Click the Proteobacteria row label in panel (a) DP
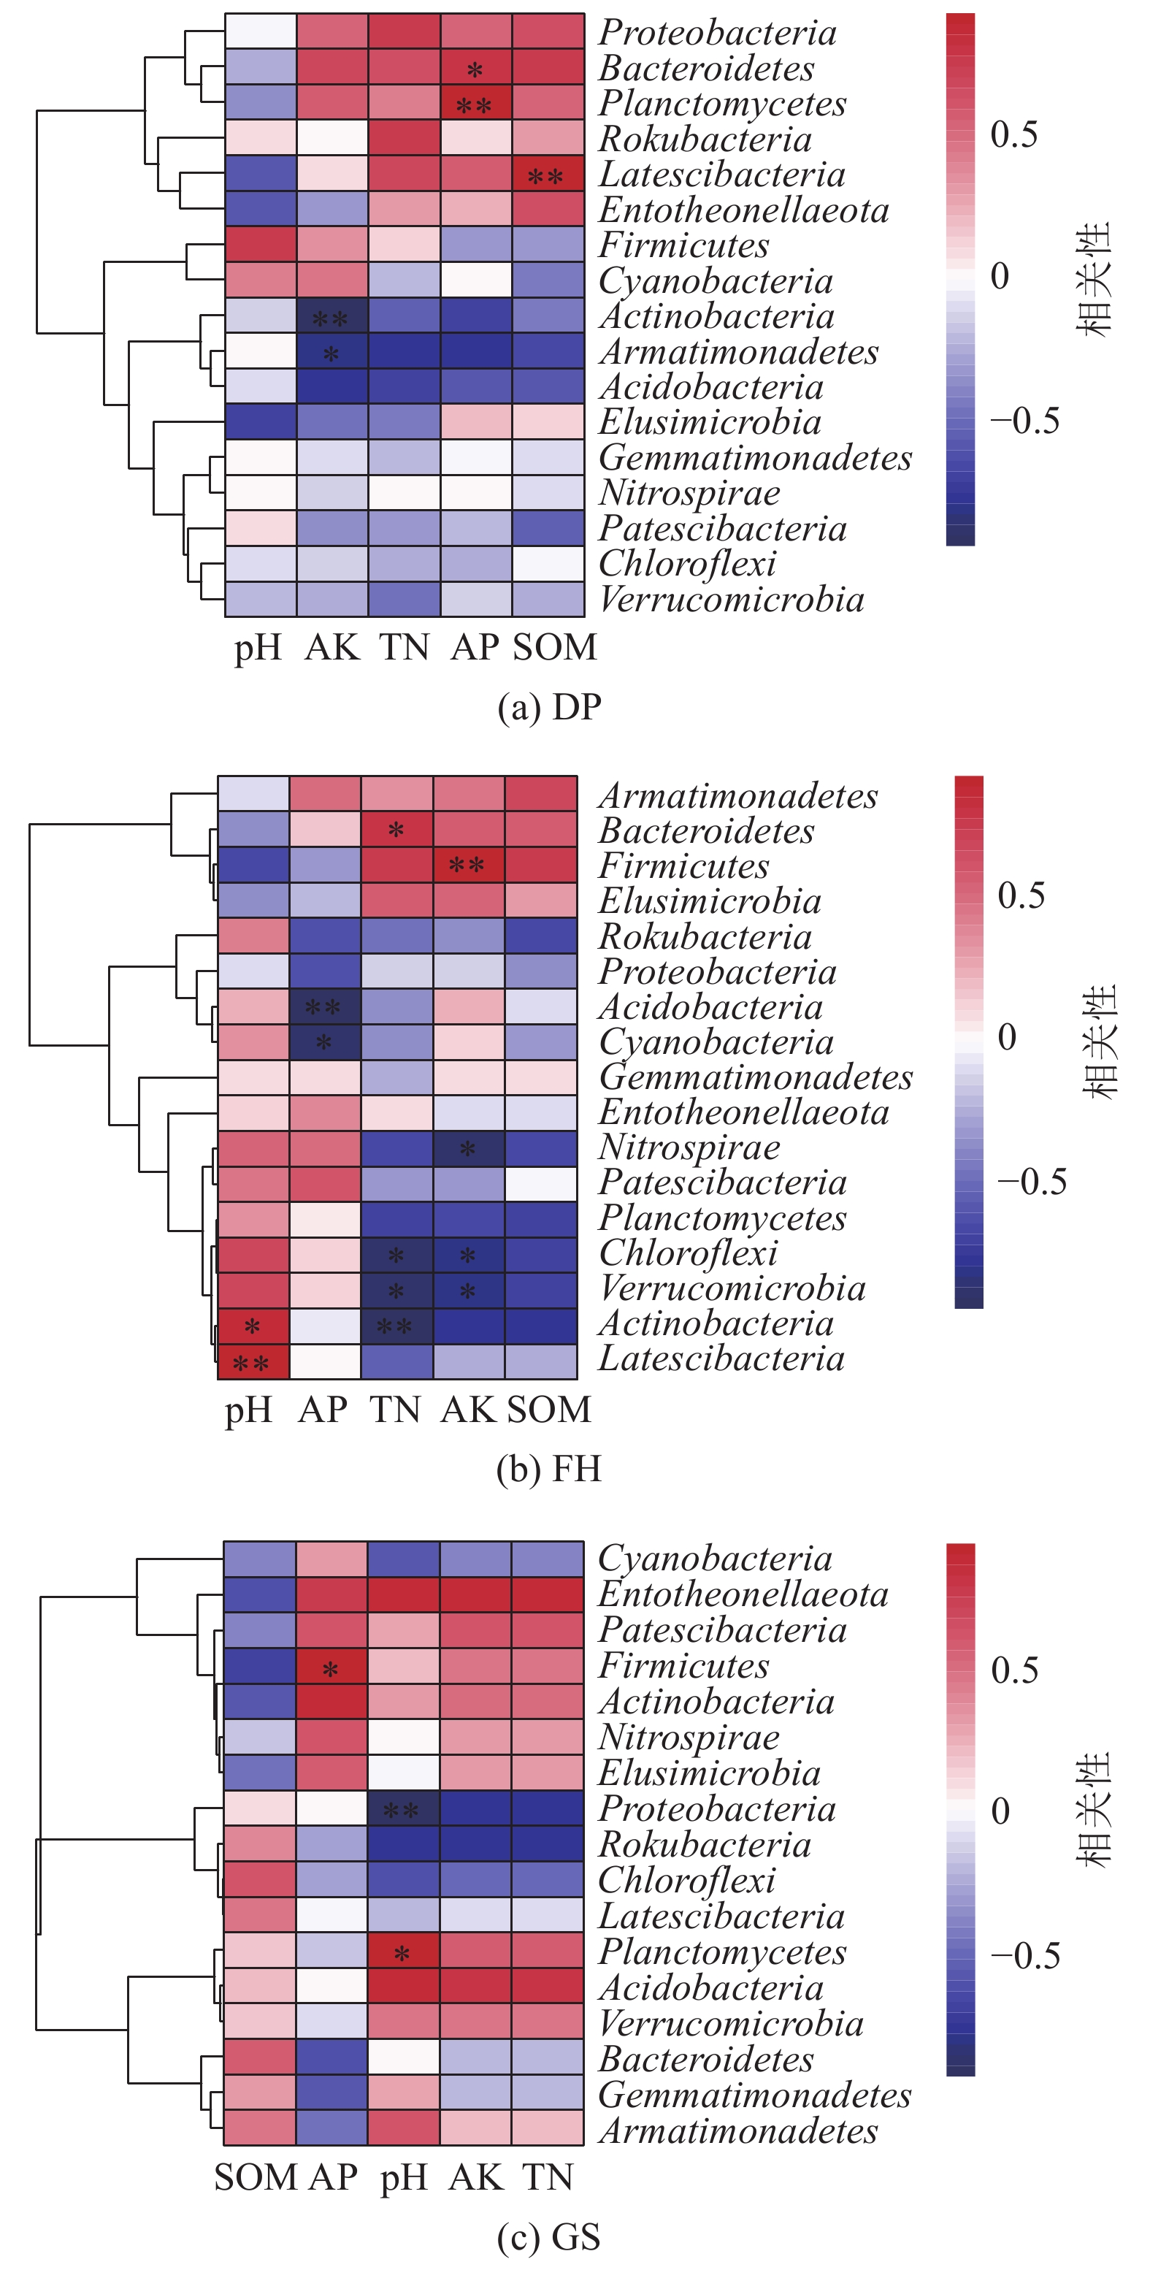(717, 33)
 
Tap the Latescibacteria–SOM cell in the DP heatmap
(547, 175)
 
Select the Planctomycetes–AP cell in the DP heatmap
(475, 104)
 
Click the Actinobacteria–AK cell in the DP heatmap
(331, 316)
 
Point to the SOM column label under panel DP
(554, 648)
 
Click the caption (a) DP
(549, 708)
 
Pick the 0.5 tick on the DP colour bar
(1013, 135)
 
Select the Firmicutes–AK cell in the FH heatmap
(468, 865)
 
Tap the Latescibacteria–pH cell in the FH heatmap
(253, 1362)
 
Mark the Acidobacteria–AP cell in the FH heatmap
(324, 1006)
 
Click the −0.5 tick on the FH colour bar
(1031, 1182)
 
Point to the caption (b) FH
(549, 1469)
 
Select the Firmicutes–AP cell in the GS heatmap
(331, 1667)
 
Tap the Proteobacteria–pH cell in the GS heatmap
(403, 1809)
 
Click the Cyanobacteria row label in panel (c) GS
(715, 1559)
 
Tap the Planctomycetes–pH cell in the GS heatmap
(403, 1952)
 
